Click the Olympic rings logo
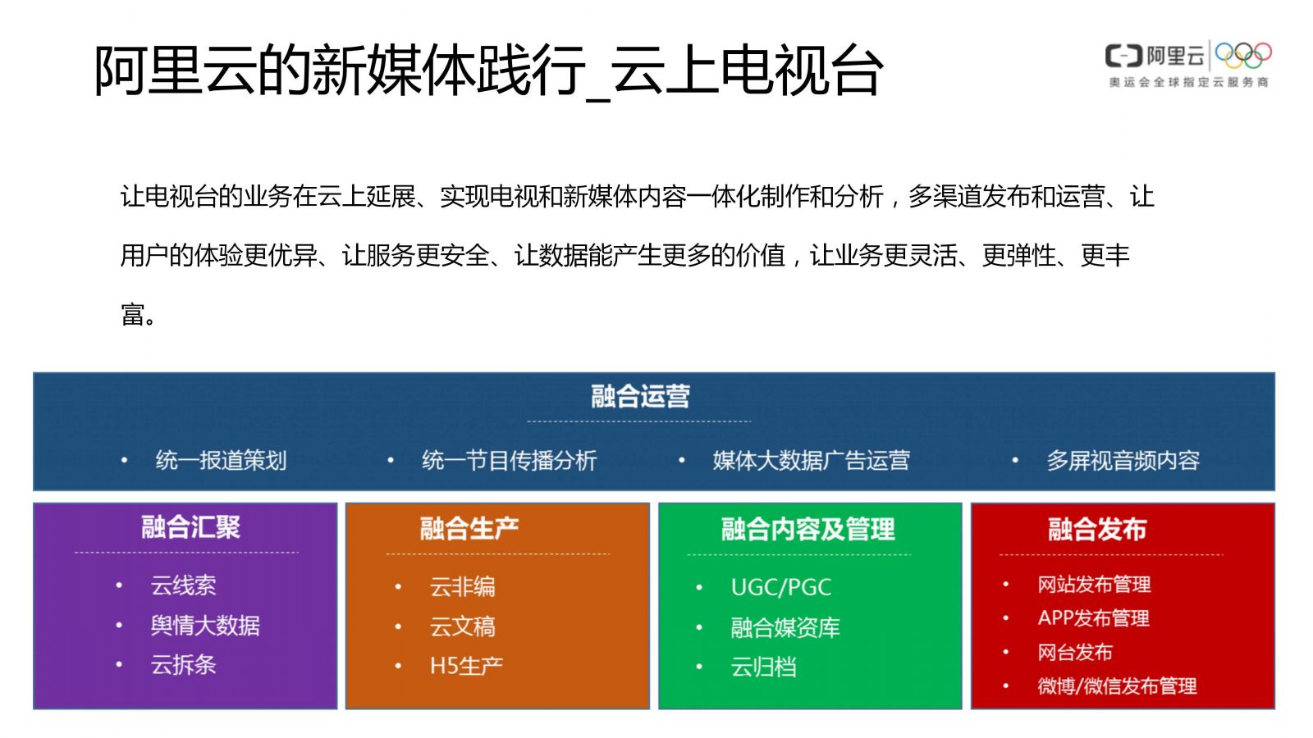point(1243,56)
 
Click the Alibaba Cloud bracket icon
point(1123,57)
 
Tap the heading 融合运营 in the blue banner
point(640,396)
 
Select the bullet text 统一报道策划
point(221,460)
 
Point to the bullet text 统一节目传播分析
point(509,460)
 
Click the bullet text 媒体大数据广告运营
point(812,460)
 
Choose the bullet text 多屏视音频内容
point(1123,460)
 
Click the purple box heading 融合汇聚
point(190,526)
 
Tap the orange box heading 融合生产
point(469,528)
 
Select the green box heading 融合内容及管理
point(807,529)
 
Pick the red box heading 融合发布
point(1096,529)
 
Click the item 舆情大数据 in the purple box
point(205,626)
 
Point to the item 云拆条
point(184,665)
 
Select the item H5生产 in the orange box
point(467,666)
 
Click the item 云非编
point(463,586)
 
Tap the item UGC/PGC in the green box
point(780,587)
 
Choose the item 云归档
point(764,667)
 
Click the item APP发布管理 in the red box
point(1093,618)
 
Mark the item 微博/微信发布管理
point(1117,686)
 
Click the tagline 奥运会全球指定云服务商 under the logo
point(1189,82)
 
